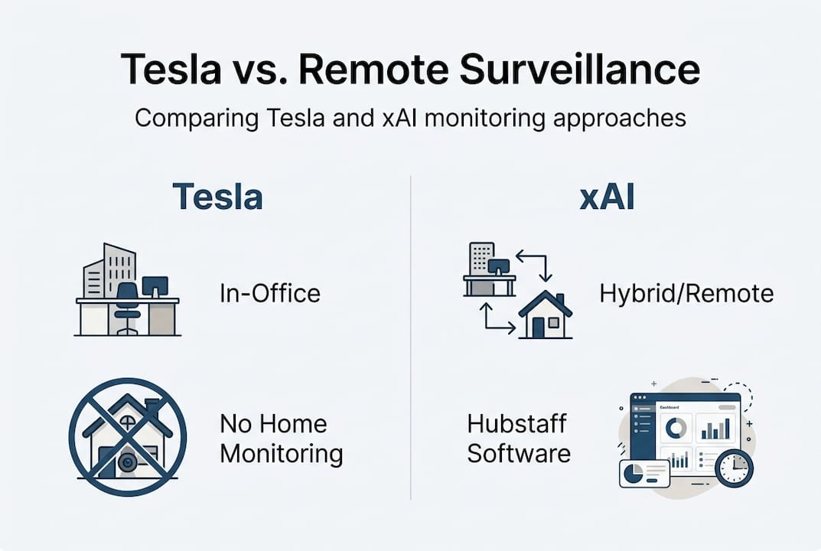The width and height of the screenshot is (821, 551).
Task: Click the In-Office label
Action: (269, 293)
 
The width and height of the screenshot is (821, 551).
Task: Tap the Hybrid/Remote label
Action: (686, 293)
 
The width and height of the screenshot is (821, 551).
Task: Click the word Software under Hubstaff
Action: (519, 453)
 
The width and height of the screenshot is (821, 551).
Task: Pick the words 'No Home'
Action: (273, 423)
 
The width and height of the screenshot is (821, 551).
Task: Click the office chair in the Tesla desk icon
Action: (127, 302)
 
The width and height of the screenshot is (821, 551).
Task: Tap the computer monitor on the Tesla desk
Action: (155, 287)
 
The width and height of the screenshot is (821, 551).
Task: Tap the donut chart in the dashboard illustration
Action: (674, 428)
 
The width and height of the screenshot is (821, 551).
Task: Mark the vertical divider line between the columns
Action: (411, 337)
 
